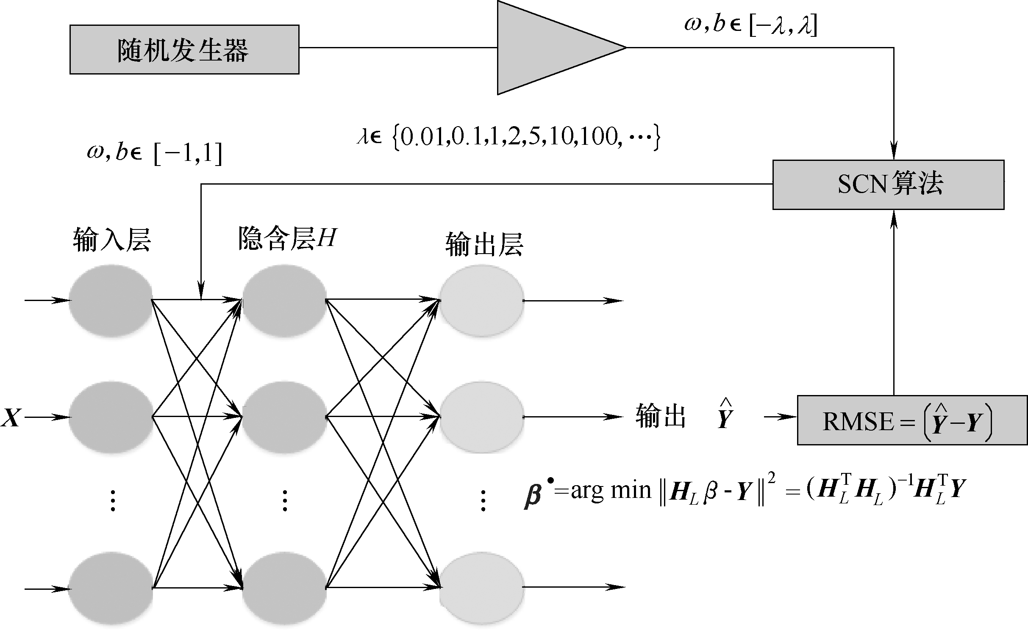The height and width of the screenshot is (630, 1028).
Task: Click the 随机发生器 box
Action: [x=184, y=50]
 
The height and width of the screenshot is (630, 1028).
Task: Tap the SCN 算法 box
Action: [x=888, y=185]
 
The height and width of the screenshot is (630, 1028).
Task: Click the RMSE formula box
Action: [x=912, y=420]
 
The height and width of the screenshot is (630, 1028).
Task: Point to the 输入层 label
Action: [x=112, y=240]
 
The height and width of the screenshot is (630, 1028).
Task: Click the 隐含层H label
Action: [x=287, y=238]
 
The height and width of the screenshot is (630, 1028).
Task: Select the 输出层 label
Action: [x=484, y=244]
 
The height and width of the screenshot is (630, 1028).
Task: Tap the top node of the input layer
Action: [x=111, y=301]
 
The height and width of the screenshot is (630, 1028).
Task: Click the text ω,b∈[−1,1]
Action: [x=154, y=154]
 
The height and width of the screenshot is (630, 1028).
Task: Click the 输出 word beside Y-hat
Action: [x=660, y=417]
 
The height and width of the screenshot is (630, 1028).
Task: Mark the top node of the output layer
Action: [x=482, y=301]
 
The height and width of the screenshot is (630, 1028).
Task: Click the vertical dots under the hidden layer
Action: [x=285, y=500]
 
